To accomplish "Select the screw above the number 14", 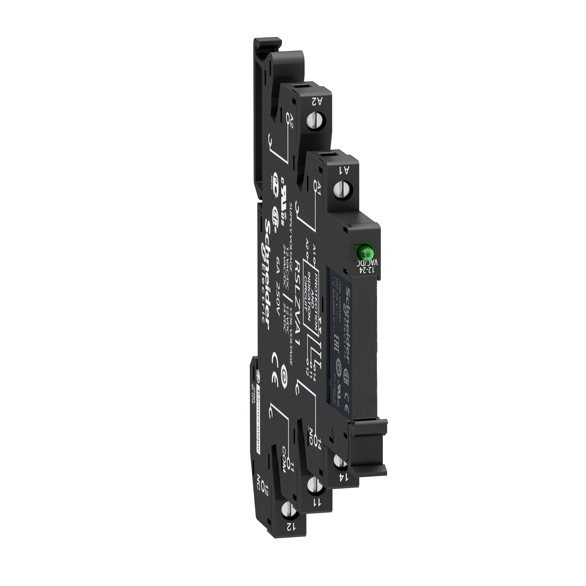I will click(x=339, y=461).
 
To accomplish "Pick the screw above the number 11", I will click(x=313, y=484).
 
